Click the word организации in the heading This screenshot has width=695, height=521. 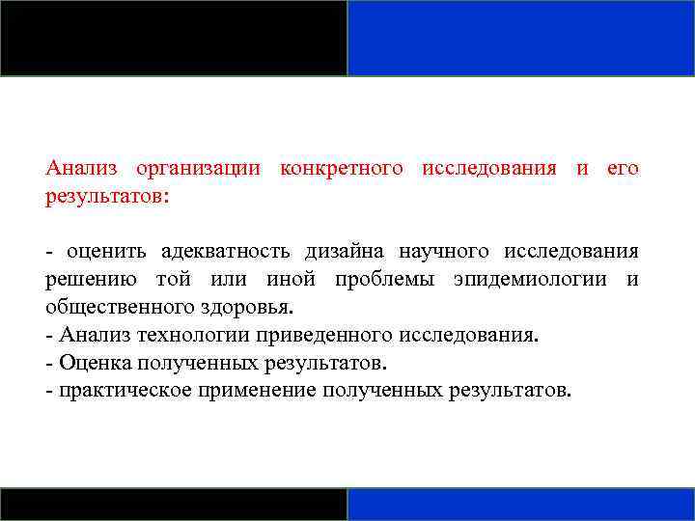click(198, 168)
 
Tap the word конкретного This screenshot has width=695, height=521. click(341, 168)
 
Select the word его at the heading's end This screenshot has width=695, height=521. click(623, 168)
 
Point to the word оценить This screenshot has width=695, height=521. click(106, 252)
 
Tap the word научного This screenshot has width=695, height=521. click(444, 252)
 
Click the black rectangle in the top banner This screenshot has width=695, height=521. click(174, 38)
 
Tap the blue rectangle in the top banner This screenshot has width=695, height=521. click(521, 38)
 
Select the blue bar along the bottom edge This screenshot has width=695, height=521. click(521, 504)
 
